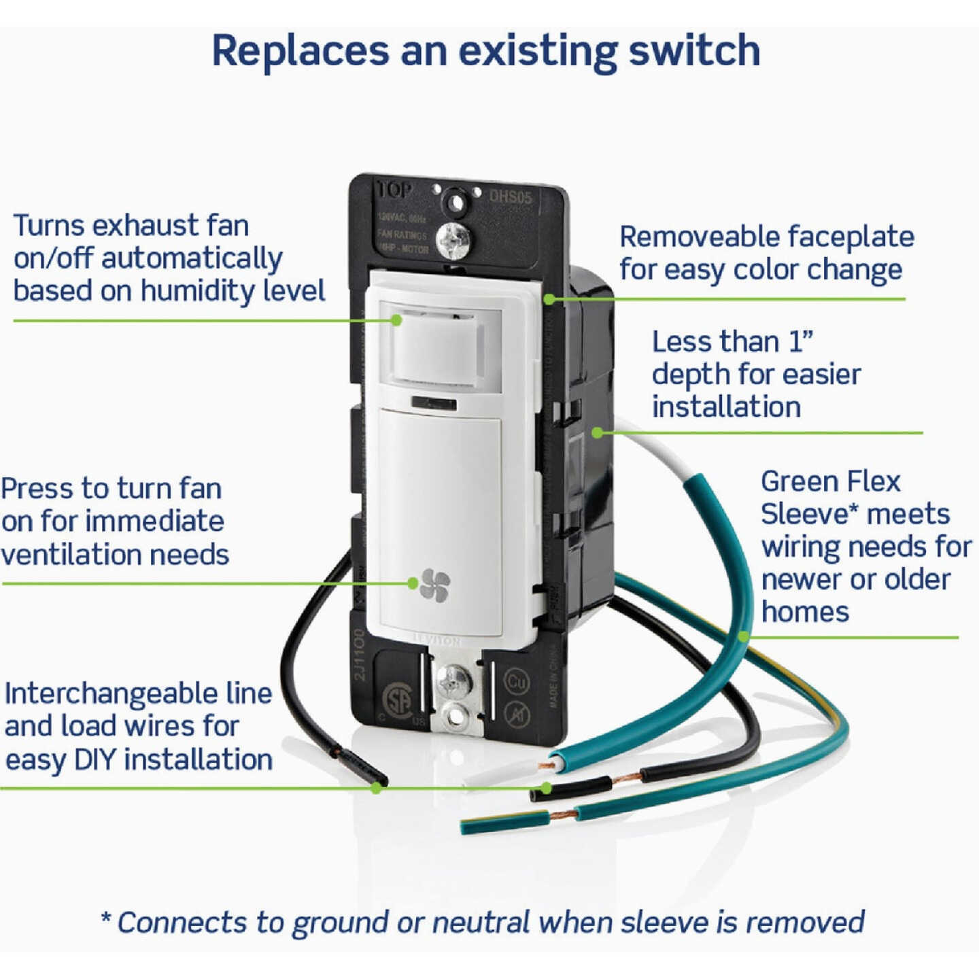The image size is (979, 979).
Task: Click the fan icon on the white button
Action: (x=435, y=585)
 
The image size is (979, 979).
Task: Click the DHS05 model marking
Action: (x=511, y=197)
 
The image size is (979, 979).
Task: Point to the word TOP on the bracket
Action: (x=394, y=191)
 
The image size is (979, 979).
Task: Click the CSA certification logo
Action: (x=398, y=700)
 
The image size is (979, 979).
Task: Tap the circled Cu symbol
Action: (x=517, y=681)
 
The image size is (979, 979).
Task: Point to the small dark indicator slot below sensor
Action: (x=433, y=404)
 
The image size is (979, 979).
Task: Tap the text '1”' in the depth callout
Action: (x=800, y=342)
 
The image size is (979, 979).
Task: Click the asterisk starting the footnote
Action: (x=106, y=919)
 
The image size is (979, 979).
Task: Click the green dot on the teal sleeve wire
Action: (x=744, y=636)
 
